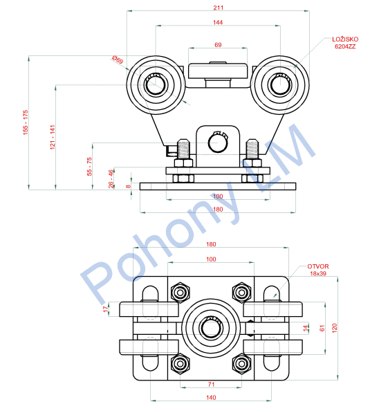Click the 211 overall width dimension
[x=218, y=8]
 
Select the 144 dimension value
[x=218, y=23]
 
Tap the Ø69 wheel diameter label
[x=118, y=59]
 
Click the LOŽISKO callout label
[x=345, y=39]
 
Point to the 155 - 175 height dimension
[x=26, y=122]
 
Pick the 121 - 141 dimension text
[x=53, y=137]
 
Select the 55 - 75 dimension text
[x=89, y=167]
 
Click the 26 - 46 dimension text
[x=111, y=179]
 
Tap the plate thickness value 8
[x=128, y=187]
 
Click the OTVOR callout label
[x=318, y=266]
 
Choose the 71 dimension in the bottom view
[x=211, y=385]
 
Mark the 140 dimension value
[x=211, y=398]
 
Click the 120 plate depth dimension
[x=335, y=328]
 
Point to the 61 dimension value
[x=322, y=328]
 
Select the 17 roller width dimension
[x=106, y=309]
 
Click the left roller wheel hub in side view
[x=156, y=85]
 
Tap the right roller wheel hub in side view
[x=280, y=85]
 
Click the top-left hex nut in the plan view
[x=181, y=293]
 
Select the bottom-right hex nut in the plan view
[x=241, y=364]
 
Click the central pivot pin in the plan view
[x=211, y=328]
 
